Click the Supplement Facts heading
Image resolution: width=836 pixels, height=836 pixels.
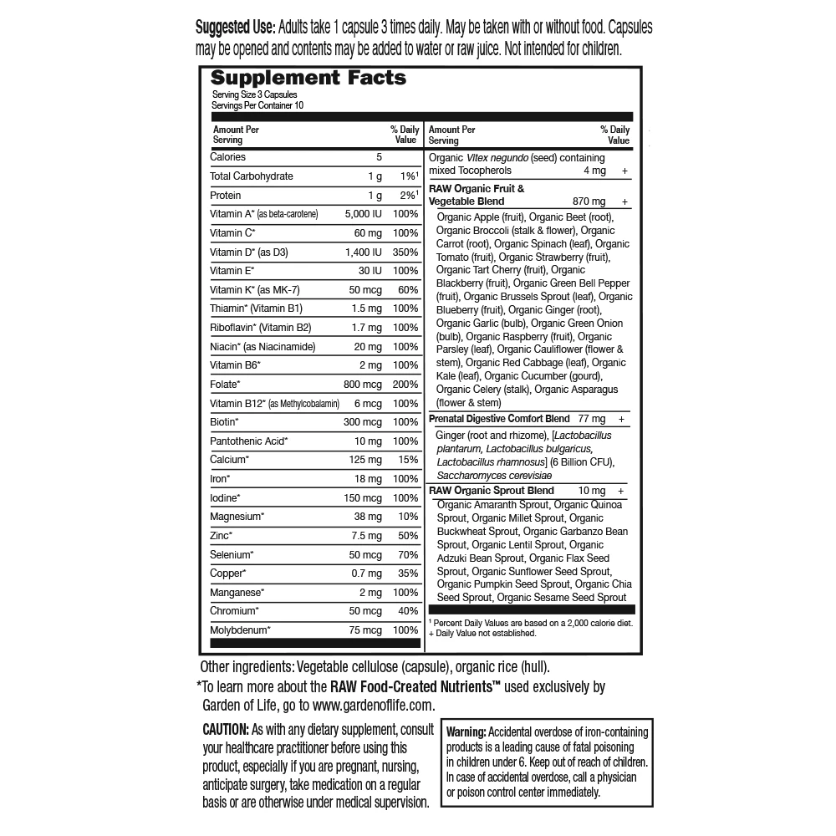[x=308, y=79]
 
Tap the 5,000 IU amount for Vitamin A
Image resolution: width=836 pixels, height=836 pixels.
[x=363, y=214]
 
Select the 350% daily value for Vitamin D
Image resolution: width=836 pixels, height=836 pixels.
[x=405, y=252]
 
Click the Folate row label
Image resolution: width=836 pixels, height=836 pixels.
[x=225, y=384]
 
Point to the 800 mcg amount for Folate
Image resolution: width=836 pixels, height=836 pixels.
[x=362, y=384]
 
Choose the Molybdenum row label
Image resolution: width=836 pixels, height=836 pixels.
[x=241, y=630]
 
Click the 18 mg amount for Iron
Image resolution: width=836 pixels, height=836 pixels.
[x=368, y=478]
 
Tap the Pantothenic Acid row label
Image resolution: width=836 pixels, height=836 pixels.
[x=249, y=441]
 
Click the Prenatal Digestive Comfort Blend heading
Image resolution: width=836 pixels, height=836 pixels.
[x=499, y=418]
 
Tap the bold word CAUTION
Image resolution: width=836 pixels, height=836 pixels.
[x=225, y=728]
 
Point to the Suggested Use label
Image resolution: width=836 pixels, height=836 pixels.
[x=234, y=28]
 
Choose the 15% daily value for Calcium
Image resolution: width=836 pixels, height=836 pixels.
[x=408, y=459]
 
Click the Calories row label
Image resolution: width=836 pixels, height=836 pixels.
[x=227, y=157]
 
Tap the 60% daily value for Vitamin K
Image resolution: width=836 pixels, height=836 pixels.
[x=408, y=289]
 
